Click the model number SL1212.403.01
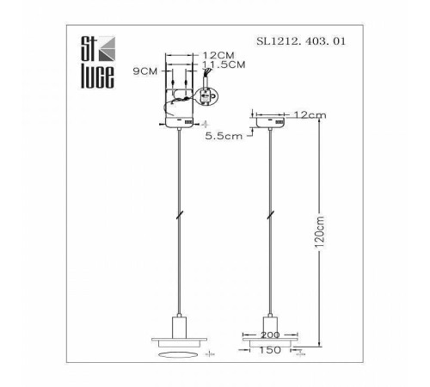pos(301,41)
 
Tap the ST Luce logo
pos(97,62)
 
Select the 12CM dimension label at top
pos(218,55)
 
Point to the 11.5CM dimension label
pos(224,64)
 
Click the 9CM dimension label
pos(145,71)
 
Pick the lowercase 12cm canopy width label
pos(310,115)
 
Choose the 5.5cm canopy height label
pos(224,136)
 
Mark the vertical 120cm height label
pos(319,232)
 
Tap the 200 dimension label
pos(270,335)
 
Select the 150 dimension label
pos(270,350)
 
